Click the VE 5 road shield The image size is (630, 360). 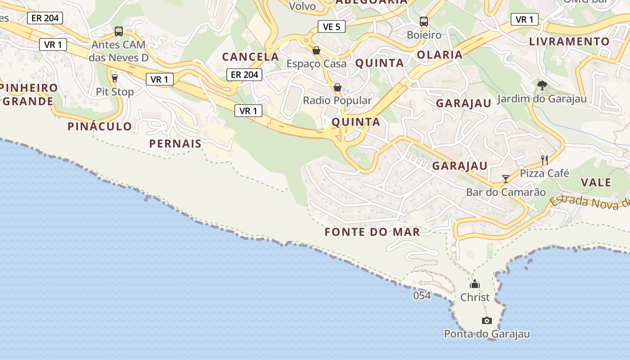tap(332, 27)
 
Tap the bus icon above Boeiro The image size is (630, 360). tap(423, 21)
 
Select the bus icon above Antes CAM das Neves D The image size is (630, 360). tap(119, 31)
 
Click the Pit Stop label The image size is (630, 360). tap(115, 92)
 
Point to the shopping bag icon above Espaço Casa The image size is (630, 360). tap(316, 50)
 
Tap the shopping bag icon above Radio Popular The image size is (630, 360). tap(337, 87)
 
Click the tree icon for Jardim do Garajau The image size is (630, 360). tap(542, 85)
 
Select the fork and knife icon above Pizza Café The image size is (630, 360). tap(544, 159)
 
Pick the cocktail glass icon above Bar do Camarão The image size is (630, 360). tap(506, 179)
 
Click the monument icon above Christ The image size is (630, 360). tap(475, 284)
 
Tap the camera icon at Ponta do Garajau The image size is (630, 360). tap(486, 320)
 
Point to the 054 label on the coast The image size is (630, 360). tap(422, 296)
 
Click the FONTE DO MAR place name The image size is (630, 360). tap(372, 232)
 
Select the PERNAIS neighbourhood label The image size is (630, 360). tap(175, 144)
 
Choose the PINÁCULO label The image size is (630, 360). tap(100, 126)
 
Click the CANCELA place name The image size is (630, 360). tap(251, 57)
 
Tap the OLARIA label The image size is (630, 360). tap(440, 55)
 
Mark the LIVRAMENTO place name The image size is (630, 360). tap(569, 41)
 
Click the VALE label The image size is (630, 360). tap(596, 182)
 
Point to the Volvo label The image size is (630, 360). tap(302, 6)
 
